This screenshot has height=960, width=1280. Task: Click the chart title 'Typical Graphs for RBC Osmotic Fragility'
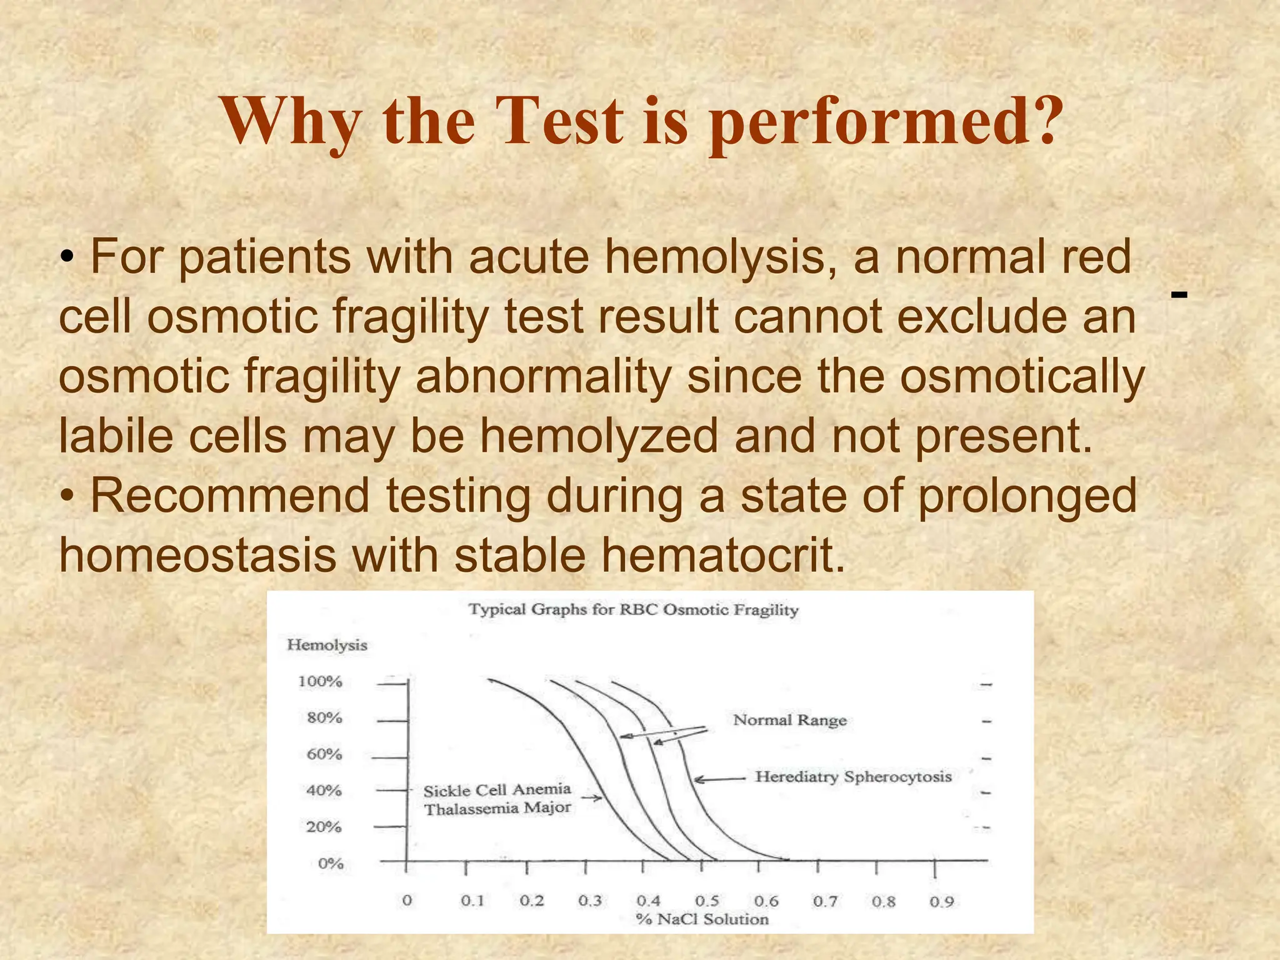click(x=633, y=609)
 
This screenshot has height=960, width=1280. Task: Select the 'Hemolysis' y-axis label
click(x=327, y=645)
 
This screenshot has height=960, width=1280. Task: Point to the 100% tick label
click(x=320, y=681)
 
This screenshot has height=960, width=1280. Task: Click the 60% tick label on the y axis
click(x=324, y=754)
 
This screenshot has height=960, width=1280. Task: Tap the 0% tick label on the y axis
click(x=330, y=864)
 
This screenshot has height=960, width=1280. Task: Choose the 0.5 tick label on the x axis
click(x=707, y=901)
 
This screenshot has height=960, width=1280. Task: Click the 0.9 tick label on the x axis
click(x=941, y=901)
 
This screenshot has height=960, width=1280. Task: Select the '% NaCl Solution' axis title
click(x=702, y=919)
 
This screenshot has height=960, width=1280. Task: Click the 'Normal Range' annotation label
click(x=789, y=720)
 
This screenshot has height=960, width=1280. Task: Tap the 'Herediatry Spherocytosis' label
click(x=853, y=777)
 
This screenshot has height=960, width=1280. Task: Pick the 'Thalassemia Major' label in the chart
click(x=497, y=809)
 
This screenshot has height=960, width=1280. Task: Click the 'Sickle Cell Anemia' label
click(x=497, y=790)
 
